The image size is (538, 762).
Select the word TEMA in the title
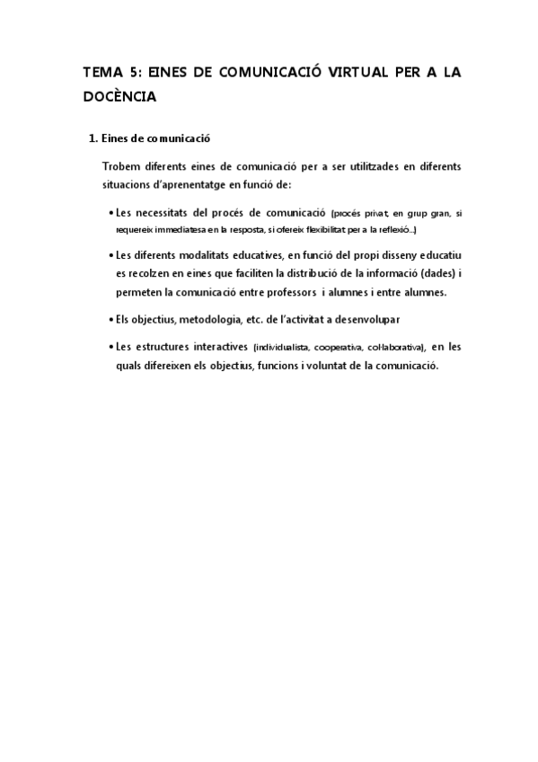click(x=101, y=73)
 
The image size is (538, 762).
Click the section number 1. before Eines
click(x=90, y=139)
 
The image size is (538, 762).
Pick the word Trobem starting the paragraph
click(x=123, y=167)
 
